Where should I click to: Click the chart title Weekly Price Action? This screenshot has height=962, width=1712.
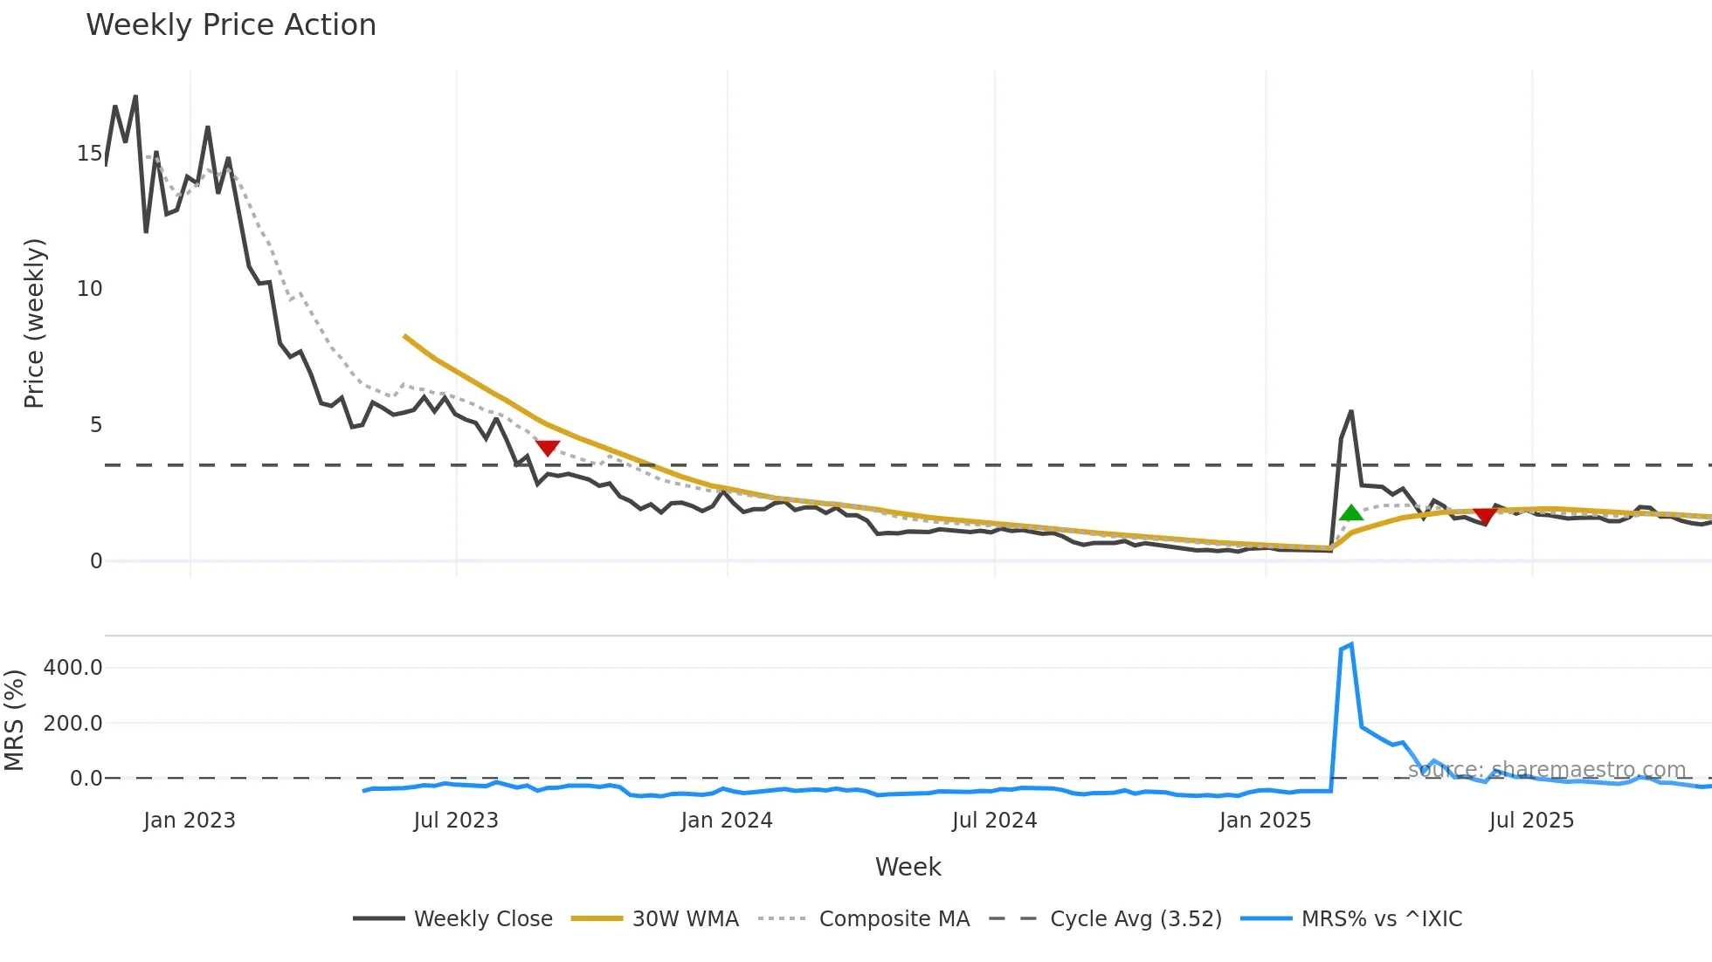click(x=231, y=25)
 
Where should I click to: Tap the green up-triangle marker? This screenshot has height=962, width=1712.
click(x=1351, y=513)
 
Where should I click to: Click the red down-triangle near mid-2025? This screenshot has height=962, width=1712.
click(x=1485, y=516)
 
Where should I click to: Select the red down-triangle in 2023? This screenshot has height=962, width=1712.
click(x=548, y=448)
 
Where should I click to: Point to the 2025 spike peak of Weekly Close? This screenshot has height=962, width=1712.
click(x=1351, y=411)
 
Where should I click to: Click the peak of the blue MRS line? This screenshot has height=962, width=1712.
click(x=1351, y=645)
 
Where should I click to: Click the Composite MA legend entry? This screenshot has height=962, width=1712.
click(x=864, y=919)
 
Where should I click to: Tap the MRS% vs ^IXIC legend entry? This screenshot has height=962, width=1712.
click(x=1351, y=919)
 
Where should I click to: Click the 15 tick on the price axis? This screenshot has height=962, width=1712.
click(x=89, y=154)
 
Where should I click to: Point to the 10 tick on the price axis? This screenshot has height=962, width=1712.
click(x=89, y=289)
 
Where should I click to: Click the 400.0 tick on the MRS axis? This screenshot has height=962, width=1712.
click(x=73, y=668)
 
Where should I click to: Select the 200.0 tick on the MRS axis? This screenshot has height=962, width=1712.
click(x=73, y=723)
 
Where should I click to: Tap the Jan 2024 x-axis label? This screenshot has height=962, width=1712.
click(x=727, y=821)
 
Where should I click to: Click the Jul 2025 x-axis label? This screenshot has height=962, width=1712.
click(x=1531, y=821)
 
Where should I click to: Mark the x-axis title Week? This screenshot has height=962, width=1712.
click(x=908, y=867)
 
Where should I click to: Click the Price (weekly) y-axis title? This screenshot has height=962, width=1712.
click(x=34, y=323)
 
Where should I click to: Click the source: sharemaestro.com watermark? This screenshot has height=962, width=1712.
click(x=1546, y=770)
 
